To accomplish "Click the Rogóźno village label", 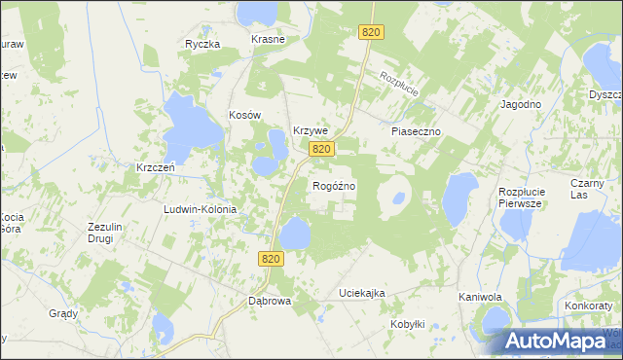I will click(x=333, y=185).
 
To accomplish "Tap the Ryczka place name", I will click(x=203, y=44).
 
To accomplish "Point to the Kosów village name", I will click(x=245, y=115).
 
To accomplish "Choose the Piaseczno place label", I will click(x=417, y=130).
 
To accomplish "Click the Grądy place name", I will click(x=63, y=313).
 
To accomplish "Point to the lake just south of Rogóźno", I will click(x=295, y=234).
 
